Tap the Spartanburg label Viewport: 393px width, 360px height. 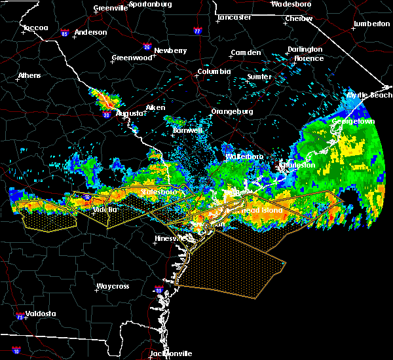click(x=150, y=4)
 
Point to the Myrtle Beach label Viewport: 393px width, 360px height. click(x=369, y=96)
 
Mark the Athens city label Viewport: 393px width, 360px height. click(x=29, y=75)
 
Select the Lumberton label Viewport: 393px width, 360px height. click(x=371, y=24)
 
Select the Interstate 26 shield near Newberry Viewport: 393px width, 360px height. click(x=147, y=47)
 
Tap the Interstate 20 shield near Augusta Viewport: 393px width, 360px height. click(x=105, y=115)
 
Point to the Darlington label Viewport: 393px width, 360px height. click(x=305, y=49)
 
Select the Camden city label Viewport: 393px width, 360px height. click(x=246, y=53)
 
